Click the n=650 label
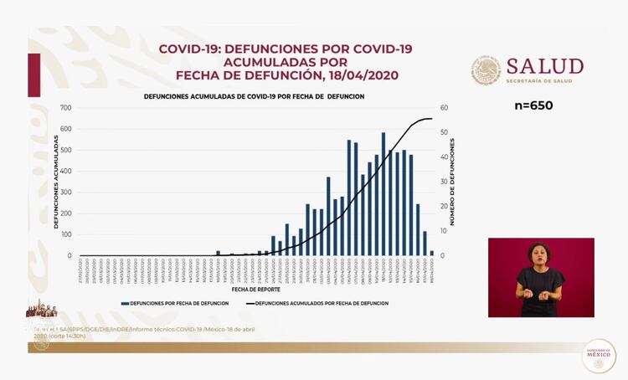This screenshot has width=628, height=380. pos(533,105)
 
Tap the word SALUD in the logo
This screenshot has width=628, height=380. pos(544,66)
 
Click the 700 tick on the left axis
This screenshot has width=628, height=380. pos(66,108)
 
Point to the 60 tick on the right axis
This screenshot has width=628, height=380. pos(444,108)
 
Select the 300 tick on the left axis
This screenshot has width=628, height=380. pos(66,193)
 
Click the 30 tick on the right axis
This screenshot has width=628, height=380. pos(444,182)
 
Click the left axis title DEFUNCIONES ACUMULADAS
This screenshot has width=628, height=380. pos(56,182)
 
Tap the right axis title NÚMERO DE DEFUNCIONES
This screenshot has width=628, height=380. pos(453,182)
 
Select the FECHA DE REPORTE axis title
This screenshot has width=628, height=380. pos(255,289)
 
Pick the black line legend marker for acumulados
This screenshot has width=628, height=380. pos(249,303)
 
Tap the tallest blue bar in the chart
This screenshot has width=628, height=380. pos(383,193)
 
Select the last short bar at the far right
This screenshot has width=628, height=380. pos(432,253)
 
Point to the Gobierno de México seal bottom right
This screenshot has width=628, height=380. pos(598,356)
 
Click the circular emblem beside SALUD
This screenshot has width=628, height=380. pos(486,71)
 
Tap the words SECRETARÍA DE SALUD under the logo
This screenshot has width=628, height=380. pos(544,81)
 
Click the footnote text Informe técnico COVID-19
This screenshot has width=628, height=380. pos(193,329)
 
